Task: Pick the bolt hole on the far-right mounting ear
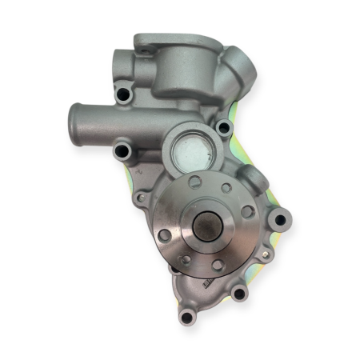click(278, 218)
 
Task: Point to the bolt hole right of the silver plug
click(223, 127)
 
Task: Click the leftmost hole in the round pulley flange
click(165, 235)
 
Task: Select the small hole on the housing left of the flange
click(141, 198)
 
